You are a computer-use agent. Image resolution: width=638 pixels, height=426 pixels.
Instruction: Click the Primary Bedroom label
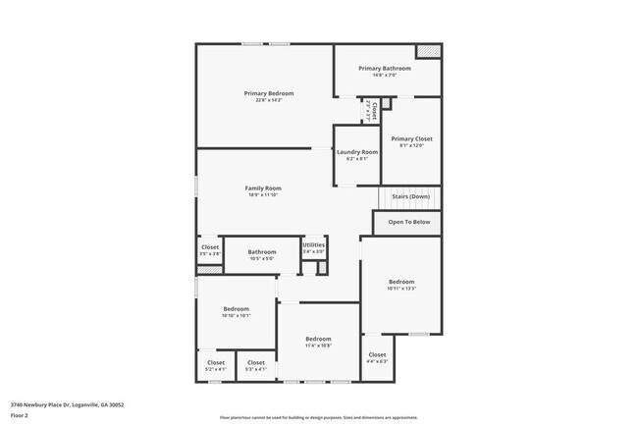point(268,93)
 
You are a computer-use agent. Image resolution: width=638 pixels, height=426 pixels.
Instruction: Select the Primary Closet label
point(411,139)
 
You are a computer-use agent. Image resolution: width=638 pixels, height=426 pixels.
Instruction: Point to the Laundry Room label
point(356,152)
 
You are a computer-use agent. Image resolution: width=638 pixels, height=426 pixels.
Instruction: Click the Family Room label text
point(263,187)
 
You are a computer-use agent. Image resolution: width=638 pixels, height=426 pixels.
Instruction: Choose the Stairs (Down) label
point(410,196)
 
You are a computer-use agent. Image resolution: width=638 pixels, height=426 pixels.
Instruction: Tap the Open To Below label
point(409,222)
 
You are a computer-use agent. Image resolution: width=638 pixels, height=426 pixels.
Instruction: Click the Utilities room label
point(313,244)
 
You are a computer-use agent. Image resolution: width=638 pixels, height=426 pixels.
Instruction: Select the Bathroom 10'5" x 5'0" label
point(262,252)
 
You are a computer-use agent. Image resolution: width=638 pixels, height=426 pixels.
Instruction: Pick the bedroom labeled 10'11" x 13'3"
point(401,282)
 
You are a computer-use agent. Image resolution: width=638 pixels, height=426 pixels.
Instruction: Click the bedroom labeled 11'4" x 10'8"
point(318,339)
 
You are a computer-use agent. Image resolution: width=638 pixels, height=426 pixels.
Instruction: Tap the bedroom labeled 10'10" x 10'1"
point(237,308)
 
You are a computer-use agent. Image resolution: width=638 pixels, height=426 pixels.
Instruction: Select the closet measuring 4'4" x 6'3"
point(377,354)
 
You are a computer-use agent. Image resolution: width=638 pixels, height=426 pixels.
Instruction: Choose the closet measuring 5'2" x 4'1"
point(216,362)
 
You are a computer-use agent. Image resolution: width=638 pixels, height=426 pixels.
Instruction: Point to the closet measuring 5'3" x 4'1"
point(255,362)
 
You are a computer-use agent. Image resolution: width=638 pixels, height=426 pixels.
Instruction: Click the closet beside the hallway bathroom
point(210,247)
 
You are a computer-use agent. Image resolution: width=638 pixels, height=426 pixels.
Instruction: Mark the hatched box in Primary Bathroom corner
point(428,52)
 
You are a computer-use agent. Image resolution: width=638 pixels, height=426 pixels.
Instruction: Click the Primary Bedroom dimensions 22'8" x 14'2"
point(268,100)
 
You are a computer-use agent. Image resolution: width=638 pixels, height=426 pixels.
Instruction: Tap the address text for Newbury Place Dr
point(67,403)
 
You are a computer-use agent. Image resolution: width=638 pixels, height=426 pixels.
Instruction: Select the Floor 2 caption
point(20,414)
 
